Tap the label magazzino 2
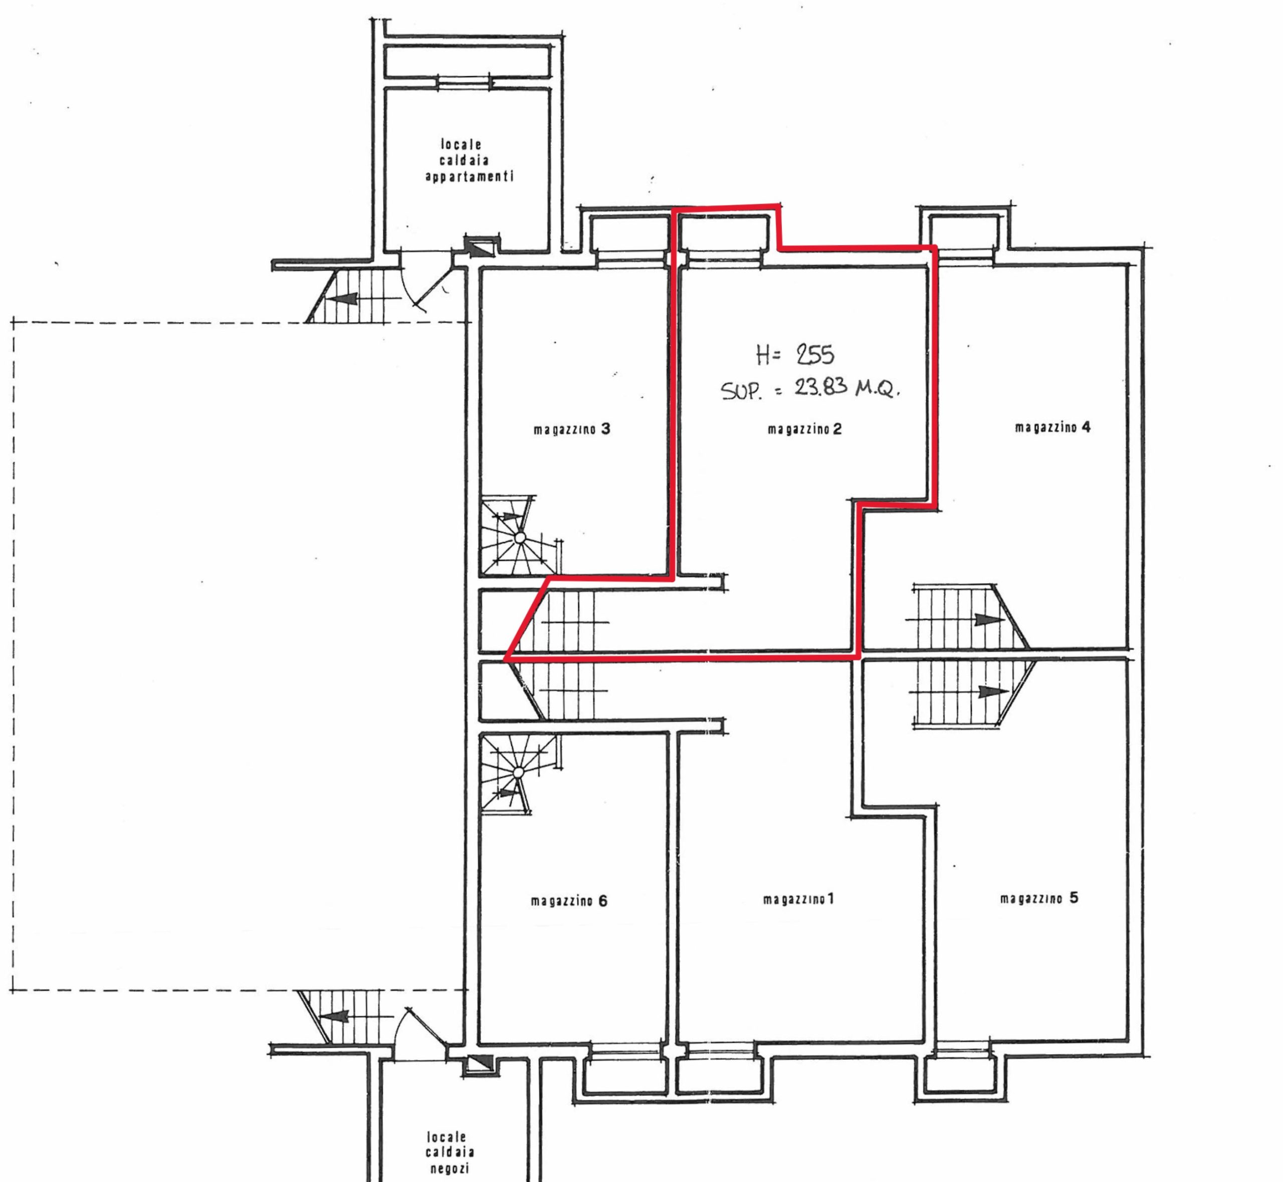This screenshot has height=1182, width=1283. tap(804, 429)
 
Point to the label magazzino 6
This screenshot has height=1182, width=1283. tap(569, 901)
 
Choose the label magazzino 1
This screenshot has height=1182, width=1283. tap(798, 899)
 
